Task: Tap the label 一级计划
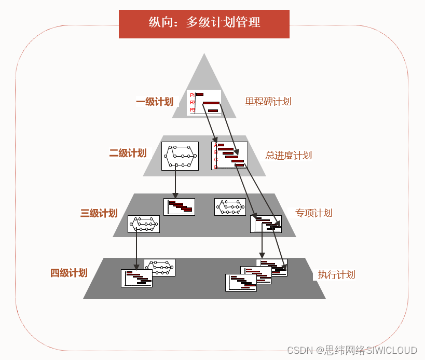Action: [x=155, y=102]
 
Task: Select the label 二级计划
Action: [x=128, y=153]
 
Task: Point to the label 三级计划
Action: [x=99, y=213]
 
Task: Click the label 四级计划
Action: [x=68, y=273]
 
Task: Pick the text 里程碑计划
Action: [x=268, y=102]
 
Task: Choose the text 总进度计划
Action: [x=289, y=155]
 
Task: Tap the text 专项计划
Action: [x=313, y=213]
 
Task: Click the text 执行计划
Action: [x=336, y=275]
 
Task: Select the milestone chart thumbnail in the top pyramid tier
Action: [x=204, y=102]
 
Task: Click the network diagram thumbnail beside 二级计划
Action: [x=180, y=156]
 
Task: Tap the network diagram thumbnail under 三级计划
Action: [x=144, y=224]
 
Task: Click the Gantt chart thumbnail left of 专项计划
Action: [x=266, y=224]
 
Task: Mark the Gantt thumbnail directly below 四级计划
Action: [x=136, y=278]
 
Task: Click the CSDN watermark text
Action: [x=300, y=351]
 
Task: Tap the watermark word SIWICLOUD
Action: [x=392, y=351]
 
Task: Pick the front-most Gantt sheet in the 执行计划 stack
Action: [x=241, y=283]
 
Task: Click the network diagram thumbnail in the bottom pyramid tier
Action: [x=160, y=267]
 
